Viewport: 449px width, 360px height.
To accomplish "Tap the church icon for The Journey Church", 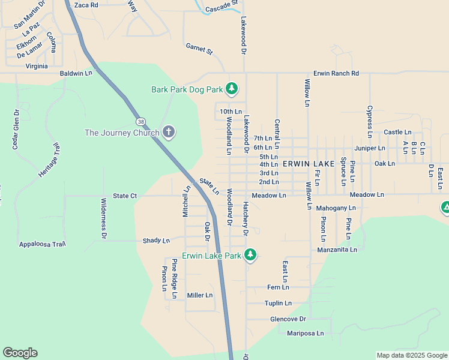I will [x=169, y=132].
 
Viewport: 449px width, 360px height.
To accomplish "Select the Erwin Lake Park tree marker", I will [x=250, y=256].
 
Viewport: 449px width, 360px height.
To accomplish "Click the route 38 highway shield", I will [x=140, y=121].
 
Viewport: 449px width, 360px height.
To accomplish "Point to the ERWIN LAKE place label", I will [x=309, y=164].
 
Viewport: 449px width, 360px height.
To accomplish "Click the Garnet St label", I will [x=199, y=49].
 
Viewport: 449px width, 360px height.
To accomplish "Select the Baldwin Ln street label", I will [x=76, y=73].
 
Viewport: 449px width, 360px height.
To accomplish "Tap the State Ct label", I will [x=125, y=196].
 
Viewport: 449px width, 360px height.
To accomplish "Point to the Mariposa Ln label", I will [x=305, y=333].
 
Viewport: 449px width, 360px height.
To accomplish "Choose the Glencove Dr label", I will [x=288, y=319].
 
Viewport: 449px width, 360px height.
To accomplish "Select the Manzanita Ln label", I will [x=337, y=250].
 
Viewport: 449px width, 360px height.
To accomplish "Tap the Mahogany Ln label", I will [x=336, y=208].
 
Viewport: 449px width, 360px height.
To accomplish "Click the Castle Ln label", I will [x=397, y=132].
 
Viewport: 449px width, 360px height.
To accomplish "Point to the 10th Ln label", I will [x=231, y=112].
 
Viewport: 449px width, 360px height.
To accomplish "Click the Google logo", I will [x=20, y=353].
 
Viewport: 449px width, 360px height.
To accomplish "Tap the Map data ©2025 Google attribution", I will [x=411, y=355].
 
